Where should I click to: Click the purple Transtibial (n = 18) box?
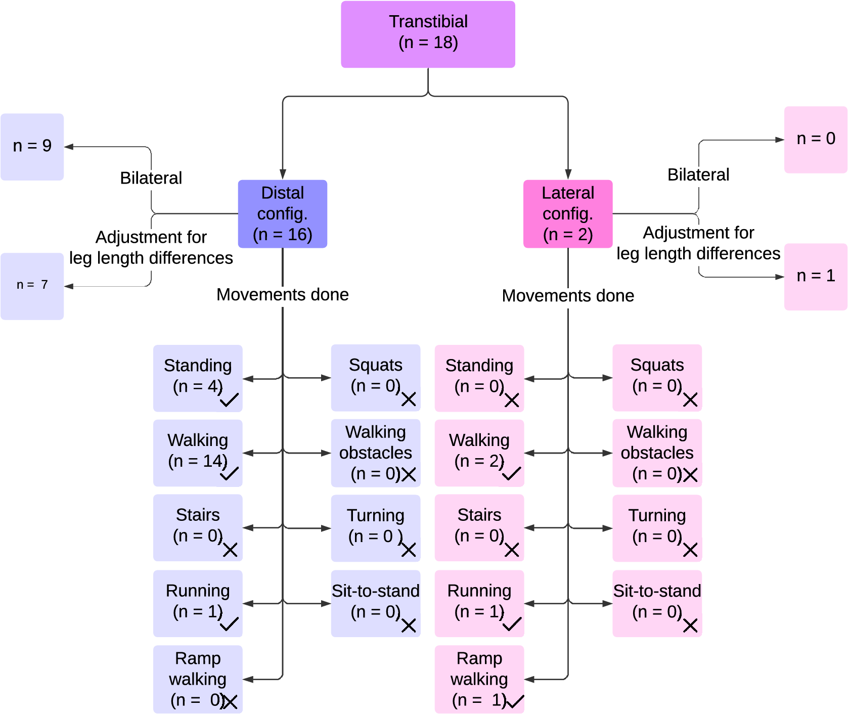428,34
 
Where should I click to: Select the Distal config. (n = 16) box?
282,214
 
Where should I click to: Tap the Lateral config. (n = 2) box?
568,214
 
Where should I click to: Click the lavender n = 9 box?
32,147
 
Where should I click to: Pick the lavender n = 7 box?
32,286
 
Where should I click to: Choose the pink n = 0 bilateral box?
816,140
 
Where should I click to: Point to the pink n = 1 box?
816,277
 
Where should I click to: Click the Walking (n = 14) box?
198,453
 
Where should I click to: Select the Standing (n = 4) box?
198,378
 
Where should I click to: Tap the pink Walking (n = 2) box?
479,453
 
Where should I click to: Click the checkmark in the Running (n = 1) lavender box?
229,624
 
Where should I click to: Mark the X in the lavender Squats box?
409,399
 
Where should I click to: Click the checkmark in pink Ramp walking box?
515,701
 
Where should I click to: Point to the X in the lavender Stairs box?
230,550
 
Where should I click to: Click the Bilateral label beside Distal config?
151,178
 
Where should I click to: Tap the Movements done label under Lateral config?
568,296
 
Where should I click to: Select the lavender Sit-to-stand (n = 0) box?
376,603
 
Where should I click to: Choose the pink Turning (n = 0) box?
657,528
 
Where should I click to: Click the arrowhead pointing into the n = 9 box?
69,147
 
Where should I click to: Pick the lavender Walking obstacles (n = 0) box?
376,453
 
